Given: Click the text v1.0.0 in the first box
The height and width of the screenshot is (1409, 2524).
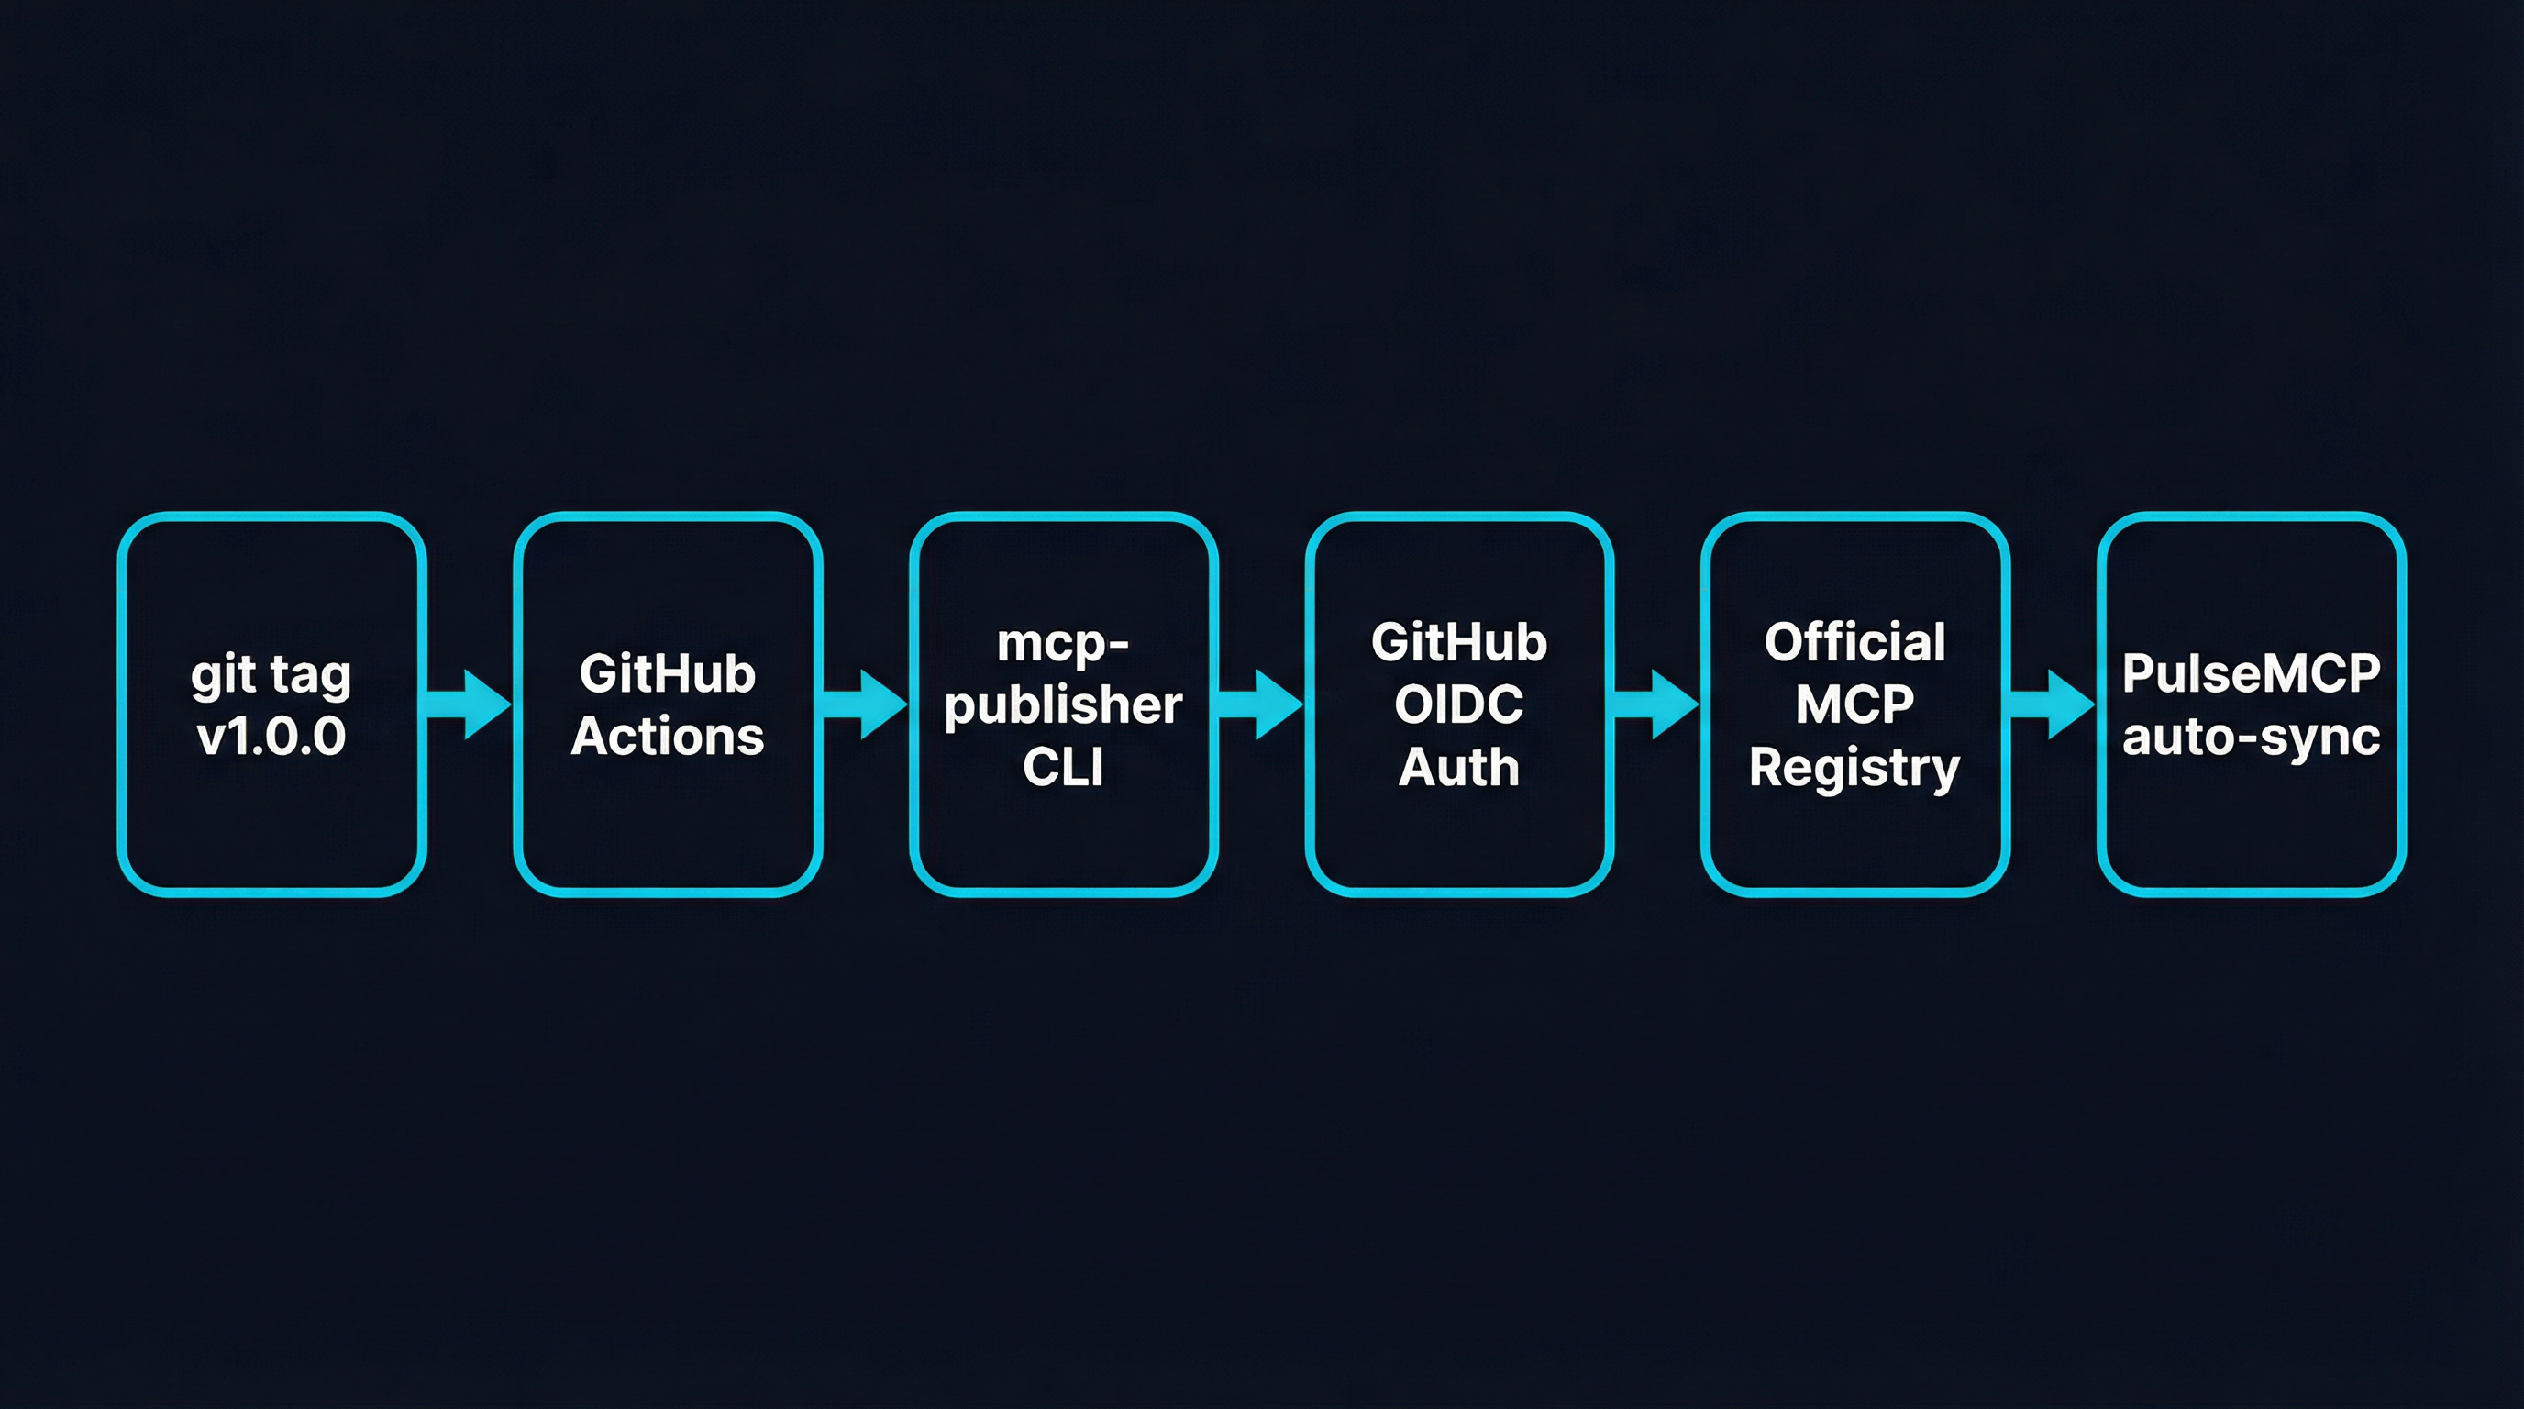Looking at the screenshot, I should [271, 736].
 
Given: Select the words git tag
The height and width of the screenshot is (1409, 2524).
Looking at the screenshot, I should [271, 676].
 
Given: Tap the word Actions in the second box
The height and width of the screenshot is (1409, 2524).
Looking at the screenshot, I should [668, 736].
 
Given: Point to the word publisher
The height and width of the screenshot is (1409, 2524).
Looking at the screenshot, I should [1063, 705].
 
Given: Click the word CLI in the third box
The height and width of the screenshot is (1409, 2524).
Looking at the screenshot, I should [1063, 767].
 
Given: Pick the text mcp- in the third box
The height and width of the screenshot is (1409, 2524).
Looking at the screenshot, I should [1063, 644].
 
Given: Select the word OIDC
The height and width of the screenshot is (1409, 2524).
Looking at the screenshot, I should [1459, 704].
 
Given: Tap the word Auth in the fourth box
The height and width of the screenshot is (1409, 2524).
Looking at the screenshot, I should [1459, 767].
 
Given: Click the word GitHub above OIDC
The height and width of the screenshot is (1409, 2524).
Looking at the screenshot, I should [1459, 643].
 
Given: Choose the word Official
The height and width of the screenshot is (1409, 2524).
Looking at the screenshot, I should [1854, 643].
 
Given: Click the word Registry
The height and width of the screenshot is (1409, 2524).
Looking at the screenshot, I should [1854, 768].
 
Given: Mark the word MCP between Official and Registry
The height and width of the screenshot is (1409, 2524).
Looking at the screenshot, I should [1854, 704].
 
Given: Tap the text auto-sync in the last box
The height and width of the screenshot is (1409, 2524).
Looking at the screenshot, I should [2251, 737].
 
